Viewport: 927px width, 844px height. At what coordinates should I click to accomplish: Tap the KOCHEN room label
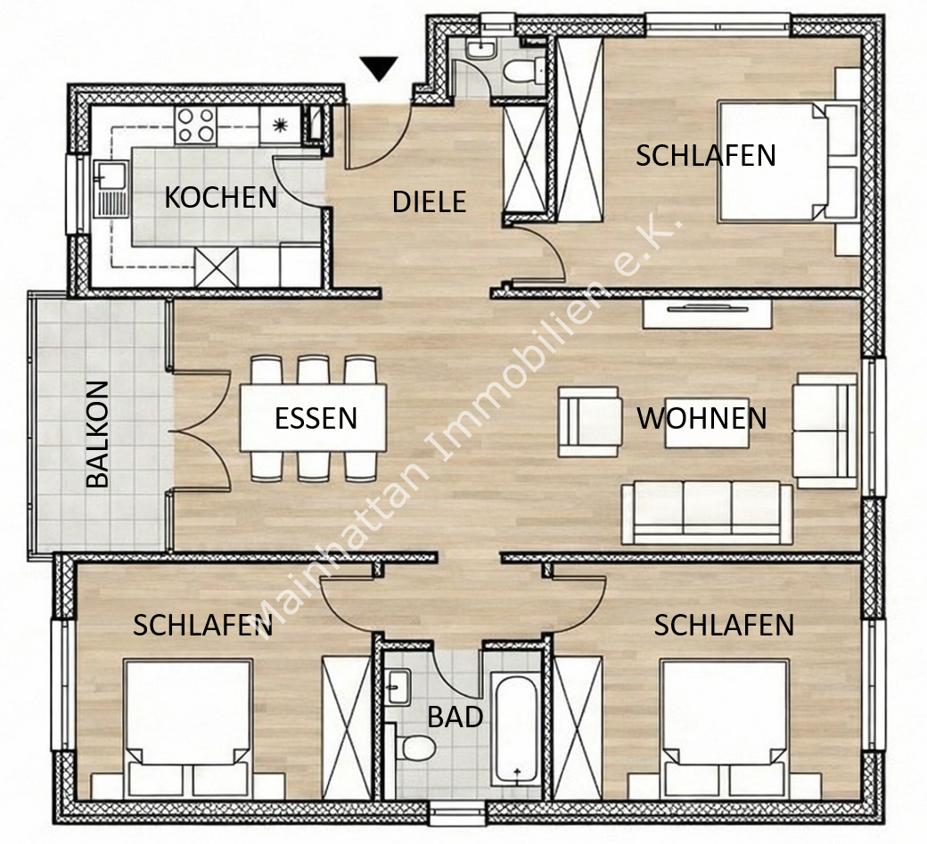coord(220,197)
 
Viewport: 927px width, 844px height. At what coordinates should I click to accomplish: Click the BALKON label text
coord(97,434)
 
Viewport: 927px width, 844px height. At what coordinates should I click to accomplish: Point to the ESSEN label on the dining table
coord(316,418)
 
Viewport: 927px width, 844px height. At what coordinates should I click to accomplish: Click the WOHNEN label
coord(701,417)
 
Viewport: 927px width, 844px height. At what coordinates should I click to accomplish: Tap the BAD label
coord(455,717)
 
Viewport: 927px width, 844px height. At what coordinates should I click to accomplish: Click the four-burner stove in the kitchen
coord(195,125)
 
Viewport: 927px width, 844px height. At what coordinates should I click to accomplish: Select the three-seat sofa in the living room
coord(707,512)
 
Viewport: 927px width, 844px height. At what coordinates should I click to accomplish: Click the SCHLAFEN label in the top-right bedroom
coord(705,155)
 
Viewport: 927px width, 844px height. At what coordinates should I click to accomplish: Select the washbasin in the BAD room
coord(398,686)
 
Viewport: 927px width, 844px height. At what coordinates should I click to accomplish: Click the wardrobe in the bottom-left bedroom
coord(346,726)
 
